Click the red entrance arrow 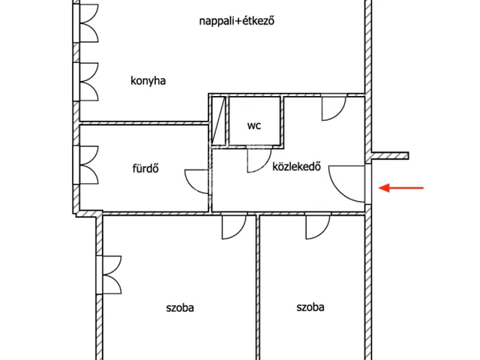[x=401, y=187]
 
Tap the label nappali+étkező [x=237, y=21]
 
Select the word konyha [x=148, y=81]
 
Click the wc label [x=254, y=125]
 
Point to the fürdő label [x=145, y=168]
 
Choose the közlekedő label [x=297, y=166]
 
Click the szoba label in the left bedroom [x=180, y=307]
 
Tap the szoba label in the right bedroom [x=310, y=307]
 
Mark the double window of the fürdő [x=86, y=165]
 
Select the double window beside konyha [x=86, y=82]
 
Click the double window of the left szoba [x=109, y=275]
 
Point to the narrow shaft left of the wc [x=219, y=121]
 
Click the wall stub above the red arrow [x=390, y=156]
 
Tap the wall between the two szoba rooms [x=257, y=287]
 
